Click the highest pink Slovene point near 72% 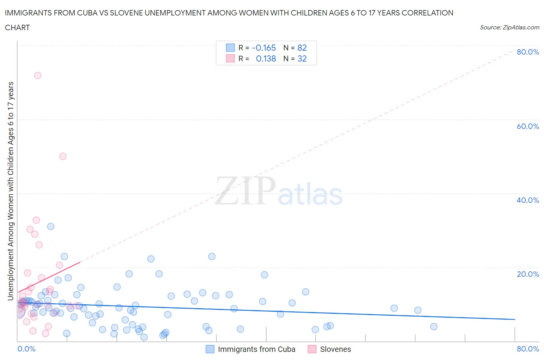click(38, 75)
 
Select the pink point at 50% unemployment click(63, 156)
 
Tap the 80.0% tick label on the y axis click(528, 52)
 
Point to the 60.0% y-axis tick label click(528, 126)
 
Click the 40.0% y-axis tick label click(528, 200)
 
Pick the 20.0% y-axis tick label click(528, 274)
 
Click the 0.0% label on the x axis click(26, 349)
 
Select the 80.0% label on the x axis click(528, 349)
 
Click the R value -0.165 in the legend click(264, 48)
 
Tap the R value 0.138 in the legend click(266, 59)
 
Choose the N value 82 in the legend click(302, 48)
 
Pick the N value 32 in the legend click(302, 59)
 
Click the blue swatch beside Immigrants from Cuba click(210, 349)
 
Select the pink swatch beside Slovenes click(312, 349)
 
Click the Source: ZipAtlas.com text click(509, 27)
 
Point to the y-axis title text click(10, 191)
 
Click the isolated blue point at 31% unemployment click(51, 226)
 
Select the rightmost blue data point click(434, 327)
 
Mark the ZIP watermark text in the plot click(245, 191)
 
